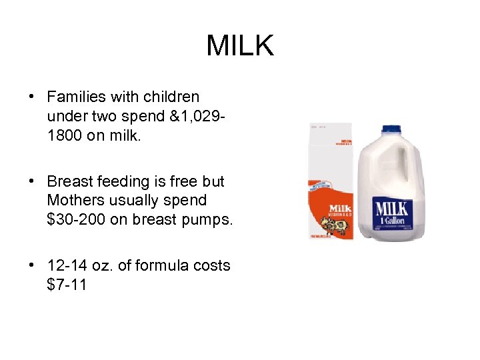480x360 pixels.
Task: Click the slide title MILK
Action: pos(240,46)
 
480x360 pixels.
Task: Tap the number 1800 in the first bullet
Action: pos(67,135)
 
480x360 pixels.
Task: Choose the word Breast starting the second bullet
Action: pos(70,181)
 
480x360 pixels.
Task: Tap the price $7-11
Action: pos(67,284)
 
